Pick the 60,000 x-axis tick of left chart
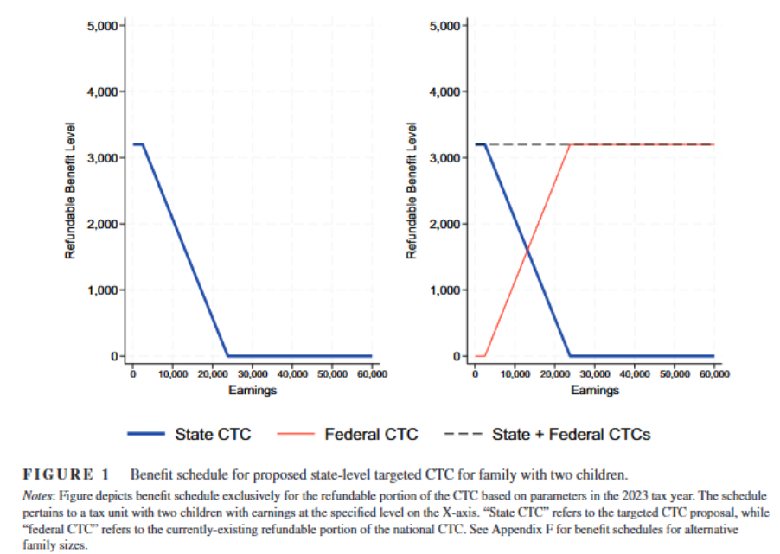tap(373, 374)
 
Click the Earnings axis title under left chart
tap(253, 391)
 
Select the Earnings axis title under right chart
tap(595, 391)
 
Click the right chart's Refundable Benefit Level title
tap(412, 191)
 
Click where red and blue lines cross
tap(526, 251)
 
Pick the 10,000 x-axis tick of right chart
tap(515, 374)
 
